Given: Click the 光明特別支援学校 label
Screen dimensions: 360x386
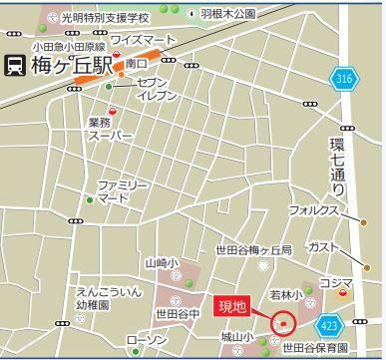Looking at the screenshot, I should tap(104, 17).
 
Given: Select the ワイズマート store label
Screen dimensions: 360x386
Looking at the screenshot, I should tap(143, 40).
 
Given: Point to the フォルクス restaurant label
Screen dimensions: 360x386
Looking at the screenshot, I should tap(314, 210).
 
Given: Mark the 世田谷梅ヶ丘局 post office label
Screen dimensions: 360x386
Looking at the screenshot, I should tap(253, 249).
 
